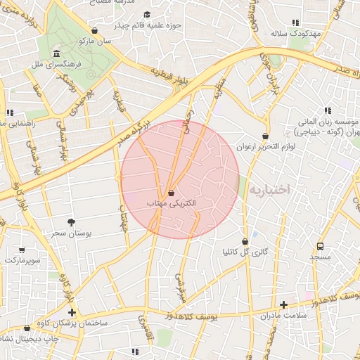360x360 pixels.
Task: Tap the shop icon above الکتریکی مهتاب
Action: [x=172, y=192]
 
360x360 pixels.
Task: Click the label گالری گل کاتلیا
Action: [x=245, y=251]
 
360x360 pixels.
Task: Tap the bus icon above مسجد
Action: [x=321, y=246]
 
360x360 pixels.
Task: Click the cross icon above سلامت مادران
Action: [x=283, y=304]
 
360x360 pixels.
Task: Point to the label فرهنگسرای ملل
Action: [x=56, y=65]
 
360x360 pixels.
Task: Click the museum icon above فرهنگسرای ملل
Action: [x=56, y=54]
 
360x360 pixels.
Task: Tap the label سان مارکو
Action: [x=96, y=41]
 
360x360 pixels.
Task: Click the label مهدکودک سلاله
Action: [x=295, y=34]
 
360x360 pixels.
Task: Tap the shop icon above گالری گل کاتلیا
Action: [x=245, y=240]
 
